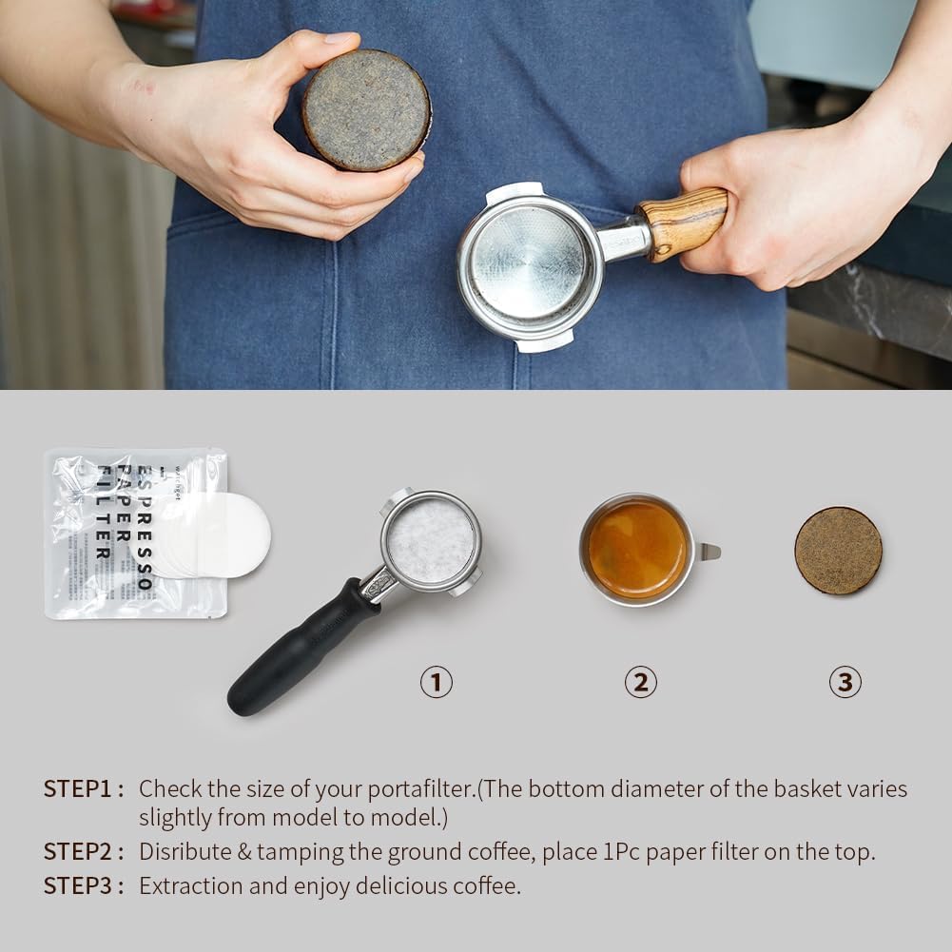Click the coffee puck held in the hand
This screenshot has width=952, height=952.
(x=366, y=110)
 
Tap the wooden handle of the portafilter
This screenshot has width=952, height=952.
(x=683, y=222)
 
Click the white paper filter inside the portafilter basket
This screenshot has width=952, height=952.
(x=431, y=541)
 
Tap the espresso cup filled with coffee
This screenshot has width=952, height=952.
(x=637, y=550)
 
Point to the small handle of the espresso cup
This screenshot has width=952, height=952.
(x=709, y=551)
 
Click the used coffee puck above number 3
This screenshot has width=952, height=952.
(x=838, y=551)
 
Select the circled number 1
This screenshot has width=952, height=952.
(x=437, y=682)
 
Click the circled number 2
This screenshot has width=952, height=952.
(x=640, y=682)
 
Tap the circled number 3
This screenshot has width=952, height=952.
(x=845, y=682)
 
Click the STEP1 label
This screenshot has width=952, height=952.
(x=83, y=788)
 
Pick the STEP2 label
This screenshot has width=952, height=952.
(x=83, y=851)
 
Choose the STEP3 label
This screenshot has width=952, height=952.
(x=83, y=885)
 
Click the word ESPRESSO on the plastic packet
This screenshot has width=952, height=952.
(x=145, y=527)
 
